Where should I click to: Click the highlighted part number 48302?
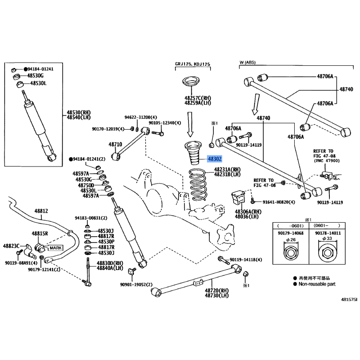tap(215, 159)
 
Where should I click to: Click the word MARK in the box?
tap(55, 248)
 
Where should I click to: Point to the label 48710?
tap(115, 144)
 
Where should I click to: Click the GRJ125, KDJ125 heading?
tap(192, 64)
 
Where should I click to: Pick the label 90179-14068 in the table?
tap(290, 233)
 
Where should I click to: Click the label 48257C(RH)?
tap(197, 98)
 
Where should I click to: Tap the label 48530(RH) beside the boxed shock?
tap(79, 112)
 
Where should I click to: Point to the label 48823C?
tap(12, 246)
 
